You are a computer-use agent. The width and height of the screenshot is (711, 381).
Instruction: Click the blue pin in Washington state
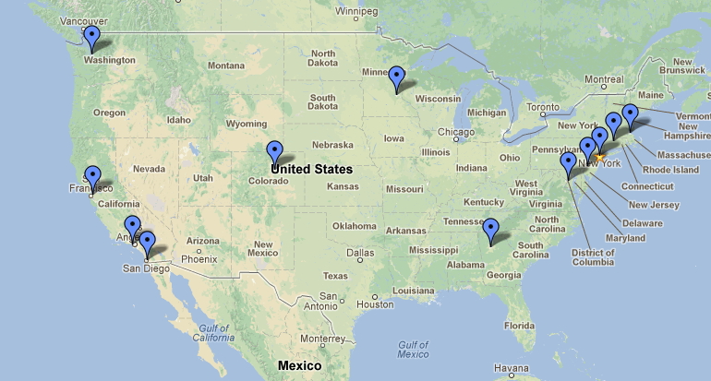click(91, 38)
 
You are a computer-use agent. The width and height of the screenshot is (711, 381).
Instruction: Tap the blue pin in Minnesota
click(397, 77)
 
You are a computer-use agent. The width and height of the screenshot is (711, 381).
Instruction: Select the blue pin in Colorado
click(274, 151)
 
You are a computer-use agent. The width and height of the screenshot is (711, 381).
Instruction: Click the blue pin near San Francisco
click(92, 175)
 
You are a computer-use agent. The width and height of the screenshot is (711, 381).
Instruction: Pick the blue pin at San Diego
click(147, 244)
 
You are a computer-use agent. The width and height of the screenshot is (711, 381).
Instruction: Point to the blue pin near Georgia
click(491, 229)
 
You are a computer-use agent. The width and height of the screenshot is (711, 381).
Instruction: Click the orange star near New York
click(598, 158)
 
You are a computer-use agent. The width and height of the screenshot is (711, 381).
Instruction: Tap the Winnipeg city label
click(356, 12)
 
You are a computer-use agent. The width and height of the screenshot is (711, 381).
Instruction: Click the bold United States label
click(311, 169)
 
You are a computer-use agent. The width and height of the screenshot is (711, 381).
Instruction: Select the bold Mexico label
click(299, 366)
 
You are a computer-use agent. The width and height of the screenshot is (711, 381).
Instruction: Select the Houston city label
click(375, 304)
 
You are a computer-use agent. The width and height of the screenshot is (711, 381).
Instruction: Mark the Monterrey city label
click(321, 339)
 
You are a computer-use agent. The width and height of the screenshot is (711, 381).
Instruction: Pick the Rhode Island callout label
click(670, 170)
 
